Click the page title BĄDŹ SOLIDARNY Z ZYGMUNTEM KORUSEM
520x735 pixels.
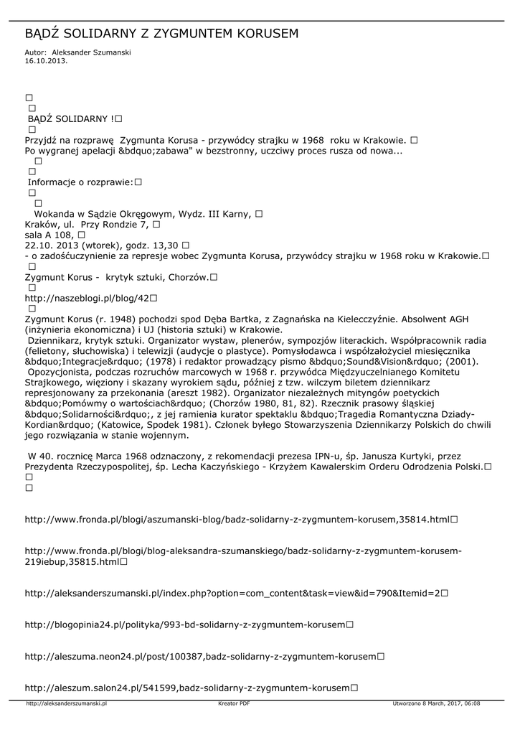pos(161,34)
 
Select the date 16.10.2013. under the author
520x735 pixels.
pos(46,61)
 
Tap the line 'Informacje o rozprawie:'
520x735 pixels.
pos(80,182)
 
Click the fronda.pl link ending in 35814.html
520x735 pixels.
pos(237,519)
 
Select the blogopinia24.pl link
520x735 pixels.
pos(185,625)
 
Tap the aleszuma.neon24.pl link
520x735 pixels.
pos(200,656)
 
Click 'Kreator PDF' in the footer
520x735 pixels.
pos(234,704)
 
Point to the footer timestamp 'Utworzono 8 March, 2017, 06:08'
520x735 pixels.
pos(436,704)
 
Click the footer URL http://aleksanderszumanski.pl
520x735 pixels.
pos(66,704)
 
